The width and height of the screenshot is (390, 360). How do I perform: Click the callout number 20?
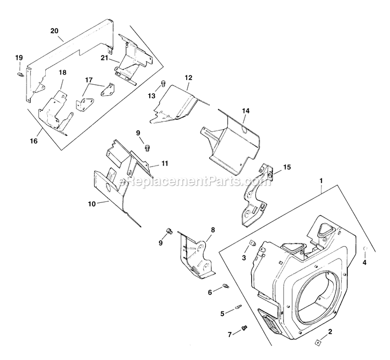coord(55,30)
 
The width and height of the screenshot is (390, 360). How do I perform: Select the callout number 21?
coord(105,58)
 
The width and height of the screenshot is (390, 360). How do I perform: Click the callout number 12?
coord(188,78)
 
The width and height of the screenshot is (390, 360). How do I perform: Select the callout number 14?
coord(246,111)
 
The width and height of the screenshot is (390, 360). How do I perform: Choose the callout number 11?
coord(164,163)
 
